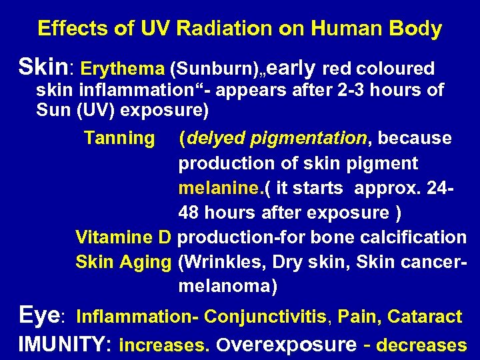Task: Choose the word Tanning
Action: click(x=119, y=138)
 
